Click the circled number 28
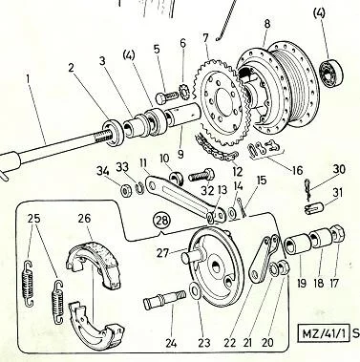(x=162, y=220)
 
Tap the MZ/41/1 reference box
(x=323, y=333)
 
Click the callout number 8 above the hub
(x=267, y=24)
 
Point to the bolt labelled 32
(x=201, y=176)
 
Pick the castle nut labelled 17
(x=338, y=235)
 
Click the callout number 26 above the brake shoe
(x=84, y=219)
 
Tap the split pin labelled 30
(x=308, y=190)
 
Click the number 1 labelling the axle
(x=29, y=78)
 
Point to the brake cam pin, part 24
(x=164, y=300)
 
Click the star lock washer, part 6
(x=184, y=92)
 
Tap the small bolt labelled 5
(x=167, y=96)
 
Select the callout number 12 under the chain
(x=237, y=171)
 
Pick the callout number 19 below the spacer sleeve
(x=301, y=283)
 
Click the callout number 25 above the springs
(x=33, y=219)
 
